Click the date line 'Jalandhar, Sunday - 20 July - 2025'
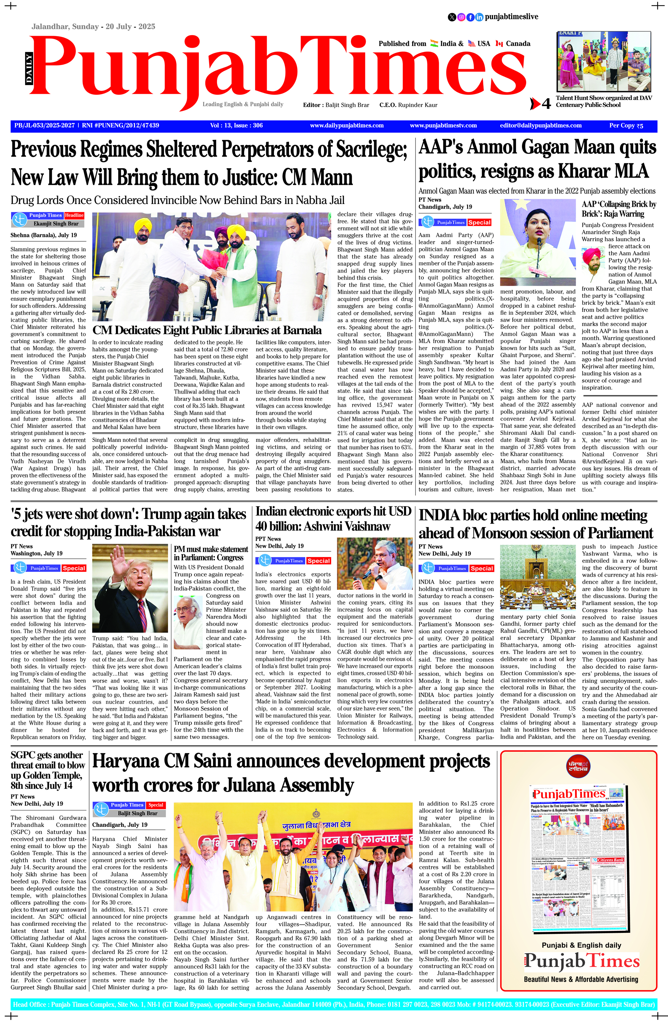[93, 27]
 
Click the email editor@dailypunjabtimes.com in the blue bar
[540, 126]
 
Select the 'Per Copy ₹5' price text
[626, 126]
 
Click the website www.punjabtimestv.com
[443, 126]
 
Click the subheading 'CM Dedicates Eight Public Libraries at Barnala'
[207, 330]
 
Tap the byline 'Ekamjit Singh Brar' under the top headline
[56, 224]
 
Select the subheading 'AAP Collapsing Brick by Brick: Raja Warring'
[619, 209]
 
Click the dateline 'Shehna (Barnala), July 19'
[44, 235]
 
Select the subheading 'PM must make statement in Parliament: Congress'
[211, 553]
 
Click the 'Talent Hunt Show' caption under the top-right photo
[603, 101]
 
